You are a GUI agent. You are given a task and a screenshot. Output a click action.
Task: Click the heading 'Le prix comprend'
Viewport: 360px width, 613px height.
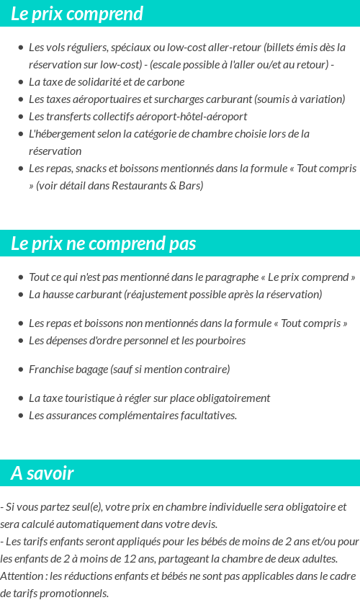pyautogui.click(x=77, y=14)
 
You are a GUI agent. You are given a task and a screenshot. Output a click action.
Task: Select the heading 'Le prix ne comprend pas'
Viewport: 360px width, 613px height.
pyautogui.click(x=103, y=243)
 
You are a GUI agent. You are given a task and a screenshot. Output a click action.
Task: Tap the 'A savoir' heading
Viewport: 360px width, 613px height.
pyautogui.click(x=42, y=473)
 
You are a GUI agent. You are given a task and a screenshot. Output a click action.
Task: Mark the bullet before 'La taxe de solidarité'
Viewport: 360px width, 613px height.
pyautogui.click(x=20, y=82)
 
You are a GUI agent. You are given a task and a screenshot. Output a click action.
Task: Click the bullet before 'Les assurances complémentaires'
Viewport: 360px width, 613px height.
pyautogui.click(x=20, y=416)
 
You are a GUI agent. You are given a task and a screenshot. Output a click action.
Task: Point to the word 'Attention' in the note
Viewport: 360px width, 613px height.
pyautogui.click(x=22, y=576)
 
